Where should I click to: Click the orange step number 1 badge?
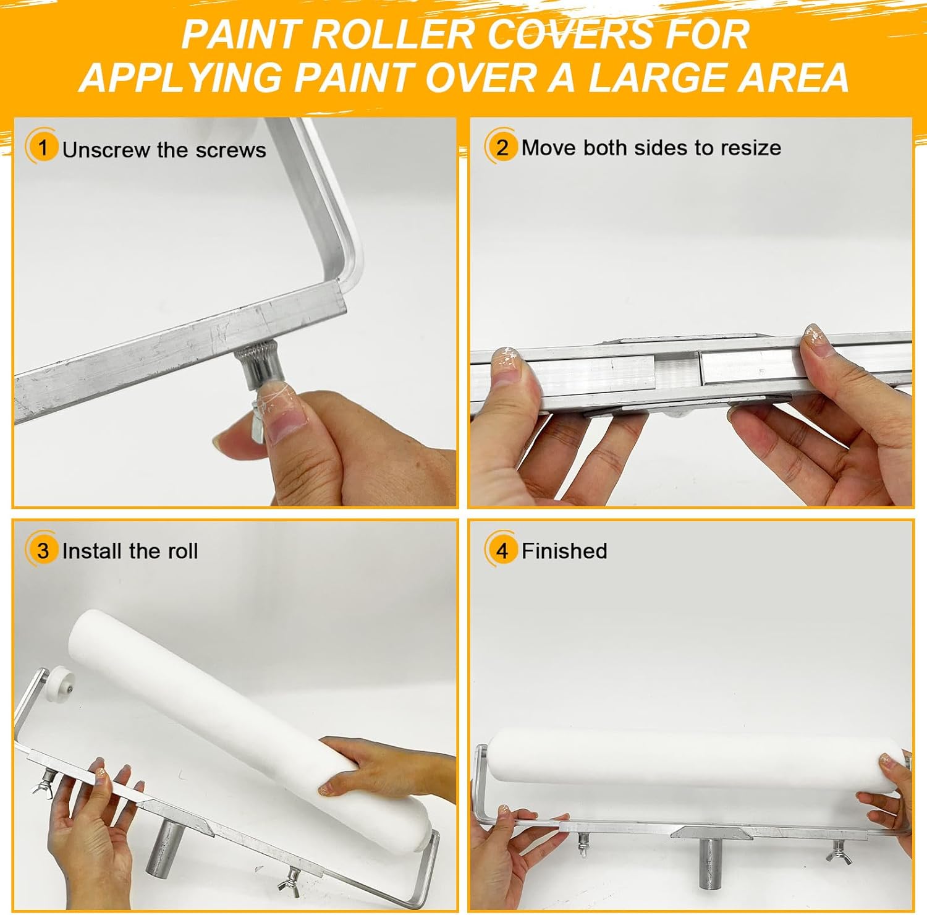tap(42, 148)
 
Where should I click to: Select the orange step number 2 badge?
tap(501, 147)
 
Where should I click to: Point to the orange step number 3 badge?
tap(42, 550)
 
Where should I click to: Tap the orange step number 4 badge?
tap(501, 550)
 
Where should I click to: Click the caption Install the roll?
tap(130, 551)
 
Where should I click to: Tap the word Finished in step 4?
tap(564, 551)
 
